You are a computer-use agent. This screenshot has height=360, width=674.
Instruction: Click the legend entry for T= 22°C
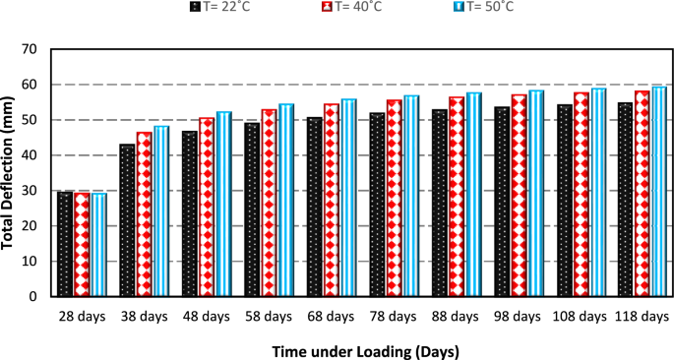tap(225, 8)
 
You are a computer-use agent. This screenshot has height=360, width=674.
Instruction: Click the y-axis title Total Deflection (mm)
tap(9, 173)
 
